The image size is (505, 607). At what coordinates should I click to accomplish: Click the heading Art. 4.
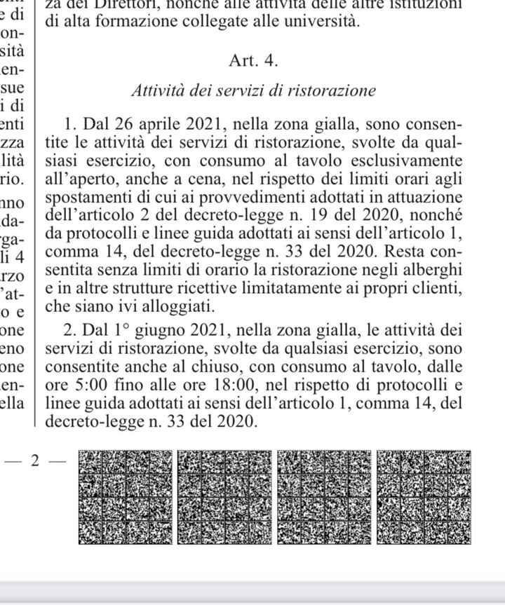pyautogui.click(x=253, y=61)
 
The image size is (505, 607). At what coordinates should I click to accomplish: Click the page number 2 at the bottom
pyautogui.click(x=34, y=462)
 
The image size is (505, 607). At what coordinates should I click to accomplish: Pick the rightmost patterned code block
pyautogui.click(x=423, y=497)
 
